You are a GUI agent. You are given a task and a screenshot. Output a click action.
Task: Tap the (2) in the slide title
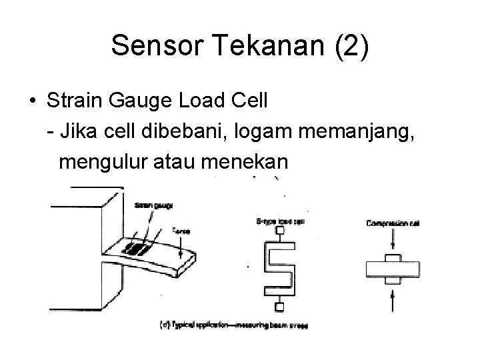(347, 47)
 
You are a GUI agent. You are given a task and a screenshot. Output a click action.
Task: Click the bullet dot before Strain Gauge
(32, 102)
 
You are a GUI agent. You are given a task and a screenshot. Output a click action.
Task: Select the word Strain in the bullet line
(75, 101)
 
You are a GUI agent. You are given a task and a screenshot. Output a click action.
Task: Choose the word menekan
(250, 161)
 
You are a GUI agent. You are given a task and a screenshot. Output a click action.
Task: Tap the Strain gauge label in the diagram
(152, 206)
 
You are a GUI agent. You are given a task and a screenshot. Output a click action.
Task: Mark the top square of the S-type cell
(280, 231)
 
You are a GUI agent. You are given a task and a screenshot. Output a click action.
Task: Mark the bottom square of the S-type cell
(280, 307)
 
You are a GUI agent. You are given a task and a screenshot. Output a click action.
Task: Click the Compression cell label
(393, 223)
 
